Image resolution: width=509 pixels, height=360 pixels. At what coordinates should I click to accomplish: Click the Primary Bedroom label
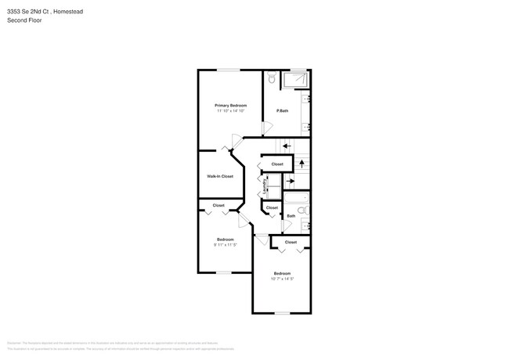(x=231, y=105)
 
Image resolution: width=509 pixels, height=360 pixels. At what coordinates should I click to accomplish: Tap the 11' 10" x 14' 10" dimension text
(x=231, y=111)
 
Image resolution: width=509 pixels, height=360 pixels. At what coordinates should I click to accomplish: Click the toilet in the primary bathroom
(x=271, y=78)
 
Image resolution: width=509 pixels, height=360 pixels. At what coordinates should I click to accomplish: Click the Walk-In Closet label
(x=220, y=176)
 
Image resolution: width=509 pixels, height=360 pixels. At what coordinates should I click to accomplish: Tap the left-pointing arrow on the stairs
(x=287, y=146)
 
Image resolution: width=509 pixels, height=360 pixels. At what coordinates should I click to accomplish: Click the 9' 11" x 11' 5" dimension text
(x=226, y=245)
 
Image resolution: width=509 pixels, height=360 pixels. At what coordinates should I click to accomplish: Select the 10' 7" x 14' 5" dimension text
(x=282, y=279)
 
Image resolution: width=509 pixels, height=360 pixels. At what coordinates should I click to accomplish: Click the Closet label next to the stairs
(x=277, y=164)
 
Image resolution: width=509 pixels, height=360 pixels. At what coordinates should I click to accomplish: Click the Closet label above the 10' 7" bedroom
(x=291, y=243)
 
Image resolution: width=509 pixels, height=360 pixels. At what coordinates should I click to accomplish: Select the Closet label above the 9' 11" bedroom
(x=218, y=205)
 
